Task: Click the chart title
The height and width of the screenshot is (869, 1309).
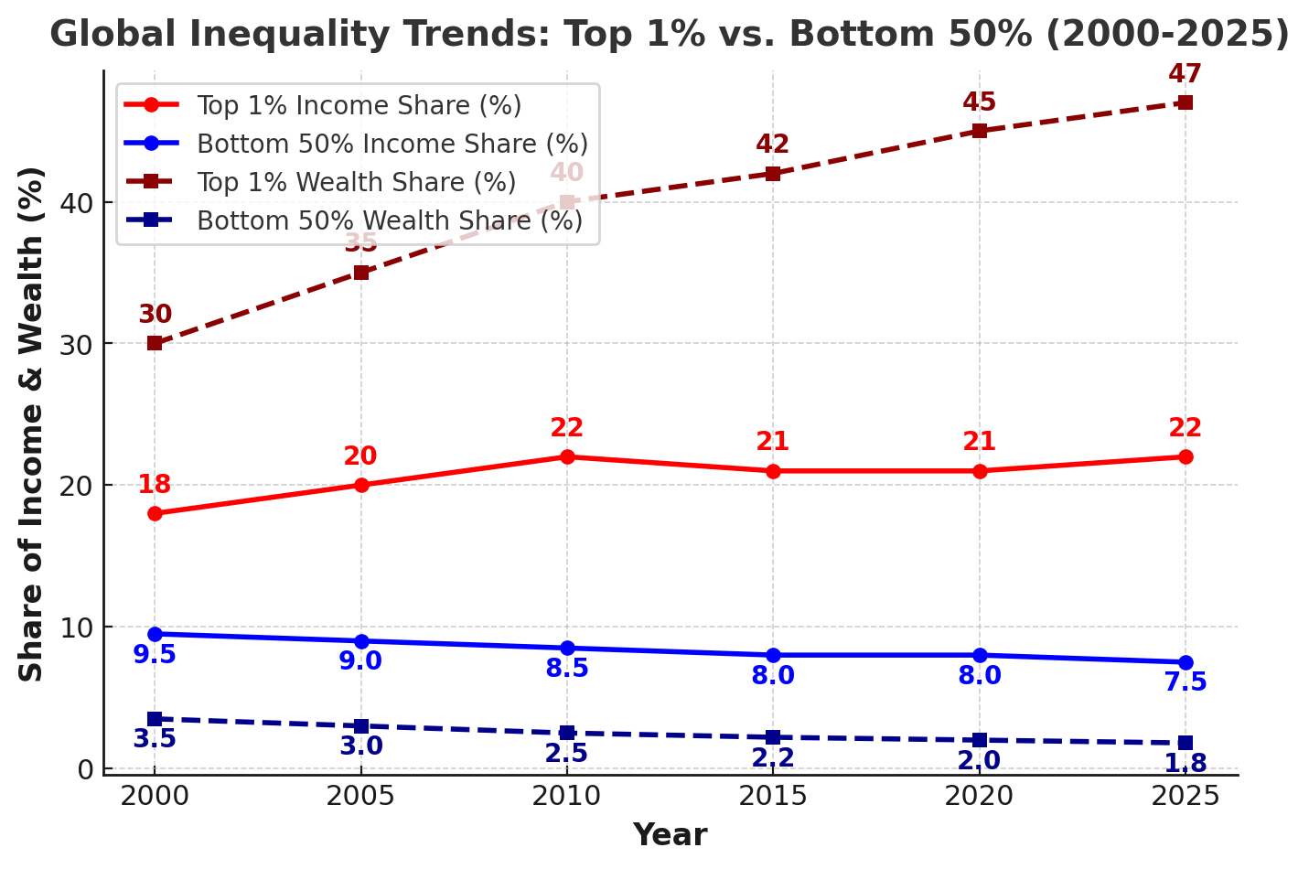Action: (x=669, y=35)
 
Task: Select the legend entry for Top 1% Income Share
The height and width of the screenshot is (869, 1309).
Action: (x=359, y=106)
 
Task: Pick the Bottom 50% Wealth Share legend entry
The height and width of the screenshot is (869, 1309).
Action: (x=389, y=221)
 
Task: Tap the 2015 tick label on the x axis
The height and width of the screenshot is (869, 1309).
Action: (x=773, y=796)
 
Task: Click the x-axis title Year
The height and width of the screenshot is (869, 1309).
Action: (x=670, y=835)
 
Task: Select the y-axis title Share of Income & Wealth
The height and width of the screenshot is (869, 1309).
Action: (x=32, y=423)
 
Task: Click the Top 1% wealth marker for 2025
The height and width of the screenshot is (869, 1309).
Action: (x=1185, y=102)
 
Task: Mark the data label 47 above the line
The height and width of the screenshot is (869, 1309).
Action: (x=1185, y=74)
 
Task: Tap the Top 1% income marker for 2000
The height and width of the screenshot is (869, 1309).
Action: (x=155, y=513)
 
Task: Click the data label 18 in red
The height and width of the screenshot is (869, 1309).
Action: (x=155, y=485)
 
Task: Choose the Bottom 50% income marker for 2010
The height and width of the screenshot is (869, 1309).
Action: (x=567, y=648)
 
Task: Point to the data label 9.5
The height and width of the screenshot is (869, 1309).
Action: (x=155, y=655)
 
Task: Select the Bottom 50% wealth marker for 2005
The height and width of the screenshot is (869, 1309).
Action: (x=361, y=726)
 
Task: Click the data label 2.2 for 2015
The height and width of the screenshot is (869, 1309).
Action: (x=773, y=758)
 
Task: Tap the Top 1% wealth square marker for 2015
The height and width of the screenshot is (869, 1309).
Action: (x=773, y=173)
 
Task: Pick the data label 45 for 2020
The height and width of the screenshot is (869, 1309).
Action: (x=979, y=102)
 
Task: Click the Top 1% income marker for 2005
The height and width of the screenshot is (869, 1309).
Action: (x=361, y=485)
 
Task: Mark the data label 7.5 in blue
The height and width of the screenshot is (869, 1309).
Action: (x=1185, y=682)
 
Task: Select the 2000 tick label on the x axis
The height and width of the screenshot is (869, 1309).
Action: (x=155, y=796)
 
